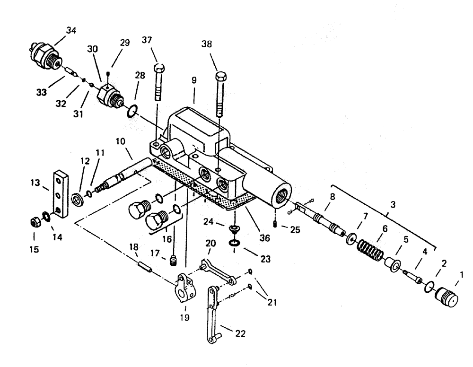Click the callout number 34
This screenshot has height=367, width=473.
pos(71,31)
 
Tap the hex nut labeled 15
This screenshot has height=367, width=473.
pos(35,220)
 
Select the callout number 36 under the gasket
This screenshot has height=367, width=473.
pos(265,238)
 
